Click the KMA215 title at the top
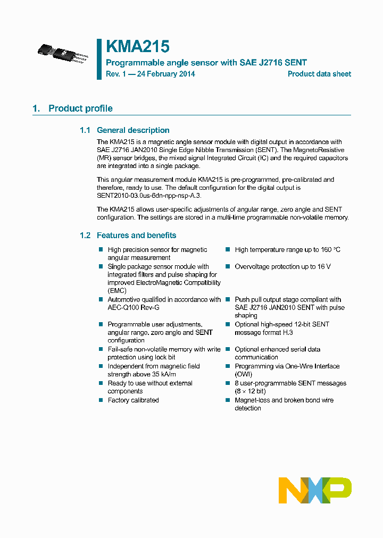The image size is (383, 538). tap(138, 47)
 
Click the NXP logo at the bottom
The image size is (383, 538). tap(315, 490)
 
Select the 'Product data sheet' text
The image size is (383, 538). tap(319, 74)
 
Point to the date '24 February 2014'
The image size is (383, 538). tap(166, 74)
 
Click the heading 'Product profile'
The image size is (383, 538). tap(80, 108)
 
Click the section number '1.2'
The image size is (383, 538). tap(85, 236)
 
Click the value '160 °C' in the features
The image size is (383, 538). tap(330, 250)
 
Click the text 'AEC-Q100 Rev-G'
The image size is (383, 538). tap(134, 308)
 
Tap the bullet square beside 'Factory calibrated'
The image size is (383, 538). tap(101, 400)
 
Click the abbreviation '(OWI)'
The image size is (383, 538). tap(244, 374)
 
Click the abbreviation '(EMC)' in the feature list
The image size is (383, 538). tap(117, 291)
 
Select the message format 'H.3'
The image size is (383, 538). tap(287, 332)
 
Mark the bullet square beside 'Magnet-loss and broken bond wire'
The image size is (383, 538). tap(228, 400)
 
